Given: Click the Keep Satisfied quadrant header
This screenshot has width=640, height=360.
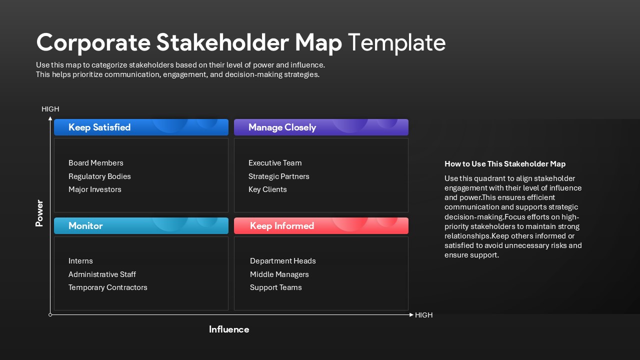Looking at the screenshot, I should pos(141,127).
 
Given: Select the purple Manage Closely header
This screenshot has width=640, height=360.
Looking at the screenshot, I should pos(321,127).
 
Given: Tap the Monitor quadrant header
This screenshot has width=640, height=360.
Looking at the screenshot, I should pos(141,226).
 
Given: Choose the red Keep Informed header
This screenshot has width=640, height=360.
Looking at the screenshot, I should pos(321,226).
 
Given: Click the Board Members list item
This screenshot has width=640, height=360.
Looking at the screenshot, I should pos(96,163).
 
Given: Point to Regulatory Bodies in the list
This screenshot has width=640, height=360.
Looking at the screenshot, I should pos(99,176).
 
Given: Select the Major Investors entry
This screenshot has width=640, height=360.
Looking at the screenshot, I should pos(95,189).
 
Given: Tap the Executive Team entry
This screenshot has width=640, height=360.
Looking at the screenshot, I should pos(275,163).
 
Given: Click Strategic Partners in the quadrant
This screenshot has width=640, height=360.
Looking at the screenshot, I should pos(279,176).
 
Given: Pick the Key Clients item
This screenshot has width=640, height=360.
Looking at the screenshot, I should pos(267,189).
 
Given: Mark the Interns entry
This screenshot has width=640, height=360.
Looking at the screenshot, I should pos(80,261).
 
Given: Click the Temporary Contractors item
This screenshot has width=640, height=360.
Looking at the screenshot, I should pos(108,287).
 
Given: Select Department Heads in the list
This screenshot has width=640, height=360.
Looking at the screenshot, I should pos(283,261).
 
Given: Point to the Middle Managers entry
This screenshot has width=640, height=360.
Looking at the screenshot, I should pos(279,274).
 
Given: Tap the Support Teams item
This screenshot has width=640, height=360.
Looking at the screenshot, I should pos(276,287).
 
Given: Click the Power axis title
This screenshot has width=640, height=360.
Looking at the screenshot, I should pos(39,213).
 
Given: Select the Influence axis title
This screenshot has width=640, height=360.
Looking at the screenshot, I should pos(229,329).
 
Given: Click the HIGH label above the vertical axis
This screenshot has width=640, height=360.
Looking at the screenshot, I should pos(50,109).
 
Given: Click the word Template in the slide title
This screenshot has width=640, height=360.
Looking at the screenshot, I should pos(396,42).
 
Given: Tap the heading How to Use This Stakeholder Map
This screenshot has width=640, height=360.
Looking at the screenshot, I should pos(505,164).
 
